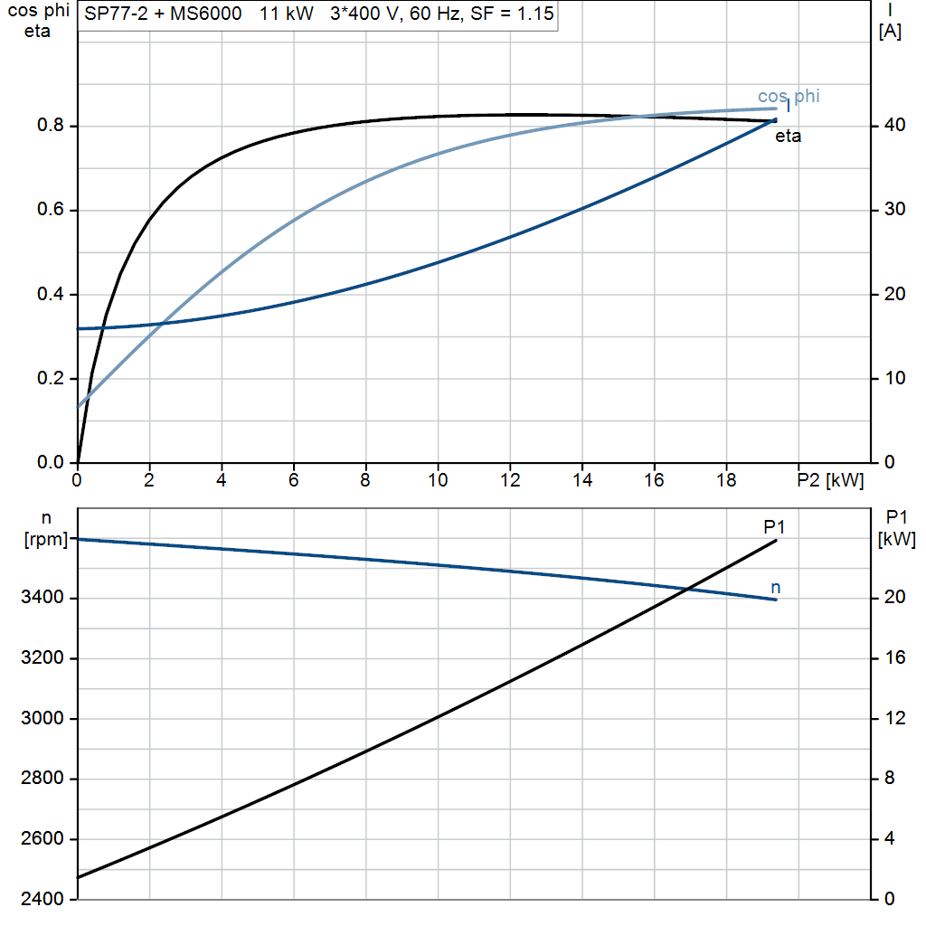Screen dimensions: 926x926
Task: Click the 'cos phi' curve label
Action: click(x=789, y=96)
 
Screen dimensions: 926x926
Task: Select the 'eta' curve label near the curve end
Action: click(x=788, y=137)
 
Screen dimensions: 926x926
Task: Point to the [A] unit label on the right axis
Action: click(x=890, y=32)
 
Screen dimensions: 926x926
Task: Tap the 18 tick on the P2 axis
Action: click(x=726, y=478)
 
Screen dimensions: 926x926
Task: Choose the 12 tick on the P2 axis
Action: click(x=510, y=478)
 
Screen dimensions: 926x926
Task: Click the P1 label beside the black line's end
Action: click(x=774, y=526)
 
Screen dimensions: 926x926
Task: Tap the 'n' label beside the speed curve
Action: click(x=776, y=589)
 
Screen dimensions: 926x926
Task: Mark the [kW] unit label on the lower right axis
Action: click(x=897, y=540)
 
